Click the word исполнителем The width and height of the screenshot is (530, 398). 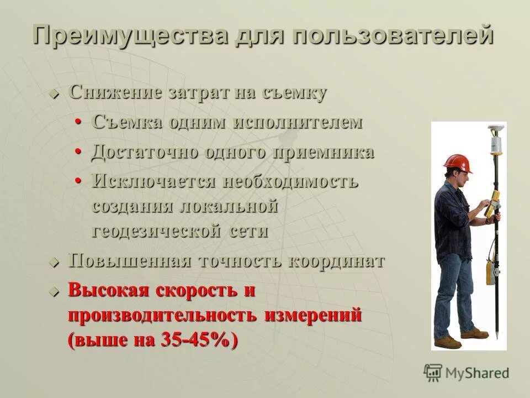point(298,122)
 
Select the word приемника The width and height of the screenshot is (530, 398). point(322,152)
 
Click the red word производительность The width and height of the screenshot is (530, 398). point(162,316)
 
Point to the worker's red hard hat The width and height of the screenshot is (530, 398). point(458,162)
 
